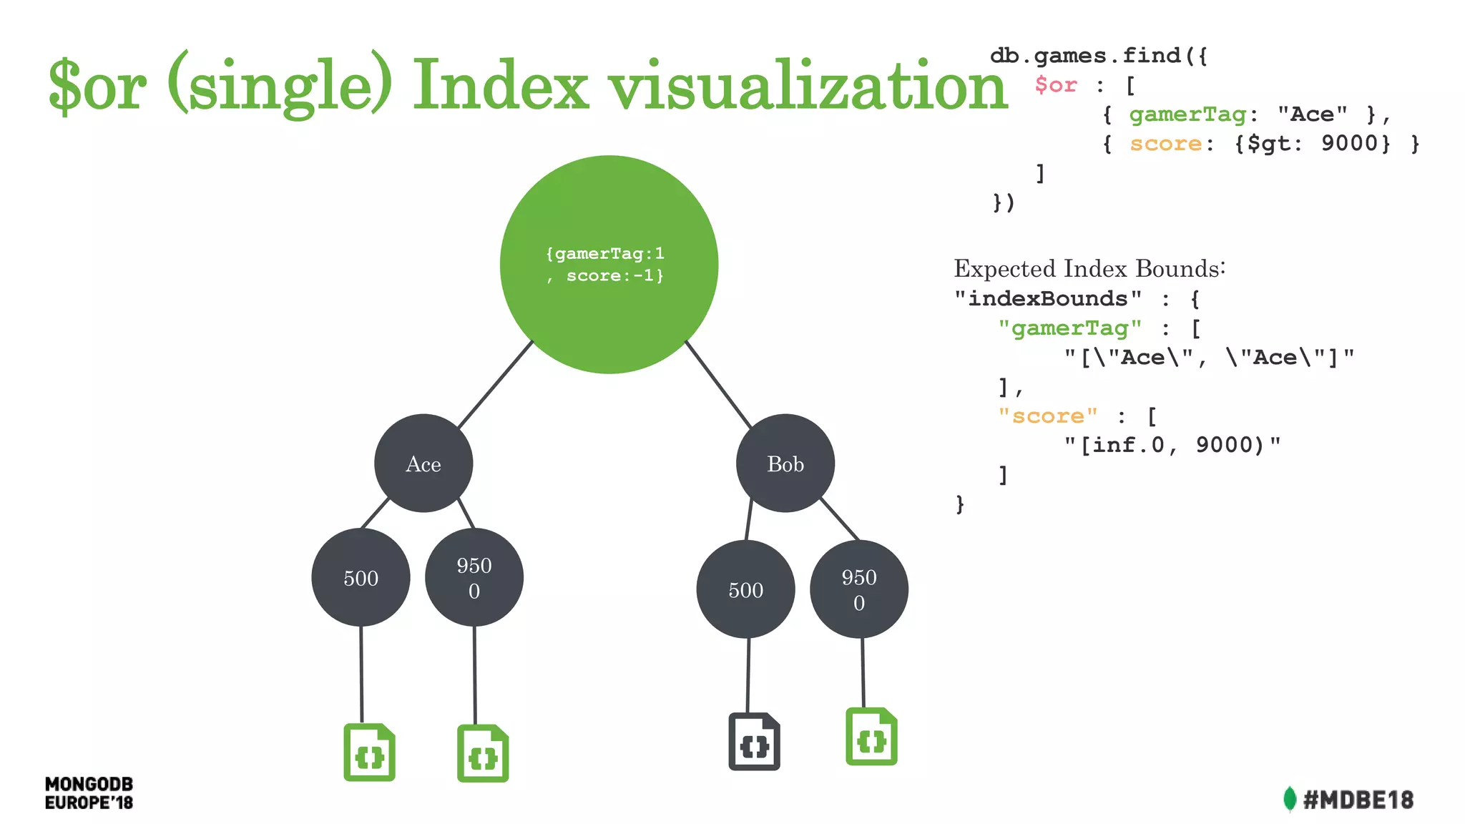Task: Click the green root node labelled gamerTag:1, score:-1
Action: tap(609, 264)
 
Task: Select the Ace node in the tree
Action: tap(423, 463)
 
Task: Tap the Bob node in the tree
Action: tap(785, 463)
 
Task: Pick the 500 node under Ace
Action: tap(361, 577)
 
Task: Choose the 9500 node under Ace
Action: tap(474, 577)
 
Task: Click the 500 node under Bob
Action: tap(745, 589)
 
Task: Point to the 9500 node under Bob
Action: tap(858, 589)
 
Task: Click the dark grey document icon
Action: tap(755, 742)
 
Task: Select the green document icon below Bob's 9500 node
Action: tap(871, 737)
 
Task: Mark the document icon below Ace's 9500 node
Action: tap(483, 754)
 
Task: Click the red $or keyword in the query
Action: tap(1056, 85)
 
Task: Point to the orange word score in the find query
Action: tap(1165, 144)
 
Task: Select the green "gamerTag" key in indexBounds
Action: tap(1069, 328)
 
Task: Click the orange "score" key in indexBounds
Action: tap(1047, 416)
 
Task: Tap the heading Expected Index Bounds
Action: tap(1089, 269)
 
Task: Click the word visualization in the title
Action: tap(808, 86)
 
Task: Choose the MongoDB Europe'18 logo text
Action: tap(89, 793)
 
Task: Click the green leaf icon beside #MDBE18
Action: tap(1290, 799)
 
